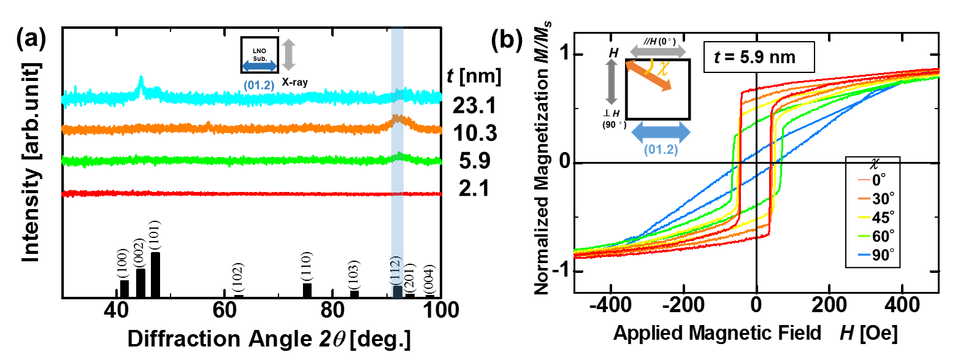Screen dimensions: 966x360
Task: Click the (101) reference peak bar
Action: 156,275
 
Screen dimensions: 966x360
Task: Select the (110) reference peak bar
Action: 307,290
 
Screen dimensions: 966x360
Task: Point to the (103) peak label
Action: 354,275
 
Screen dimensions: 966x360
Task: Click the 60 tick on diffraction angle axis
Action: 224,310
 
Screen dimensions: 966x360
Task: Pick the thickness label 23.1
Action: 474,105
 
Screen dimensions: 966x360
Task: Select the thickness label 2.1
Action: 474,188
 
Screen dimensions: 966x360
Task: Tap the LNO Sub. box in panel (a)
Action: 259,55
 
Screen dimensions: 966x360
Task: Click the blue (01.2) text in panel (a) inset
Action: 259,85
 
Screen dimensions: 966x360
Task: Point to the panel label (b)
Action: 507,40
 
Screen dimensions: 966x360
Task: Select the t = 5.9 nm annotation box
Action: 759,57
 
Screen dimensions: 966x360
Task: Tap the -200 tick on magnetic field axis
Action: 683,305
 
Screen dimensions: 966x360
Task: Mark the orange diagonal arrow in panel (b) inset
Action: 649,75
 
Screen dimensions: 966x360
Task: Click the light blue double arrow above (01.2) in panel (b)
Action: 661,132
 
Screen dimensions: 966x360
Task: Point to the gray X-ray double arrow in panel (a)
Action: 288,55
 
